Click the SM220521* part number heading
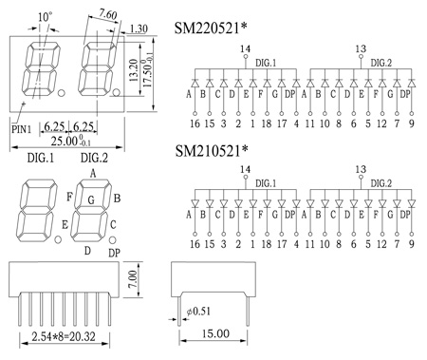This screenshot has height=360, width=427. [211, 28]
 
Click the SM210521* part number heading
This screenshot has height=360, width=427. [212, 151]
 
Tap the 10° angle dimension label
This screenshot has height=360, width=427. [45, 17]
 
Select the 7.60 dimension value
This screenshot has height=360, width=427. [108, 14]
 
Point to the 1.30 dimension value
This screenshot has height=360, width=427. [139, 29]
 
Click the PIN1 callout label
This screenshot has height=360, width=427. [21, 129]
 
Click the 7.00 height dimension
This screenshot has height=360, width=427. [134, 279]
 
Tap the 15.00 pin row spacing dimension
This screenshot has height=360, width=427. [216, 333]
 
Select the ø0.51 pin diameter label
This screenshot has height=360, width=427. [198, 312]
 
